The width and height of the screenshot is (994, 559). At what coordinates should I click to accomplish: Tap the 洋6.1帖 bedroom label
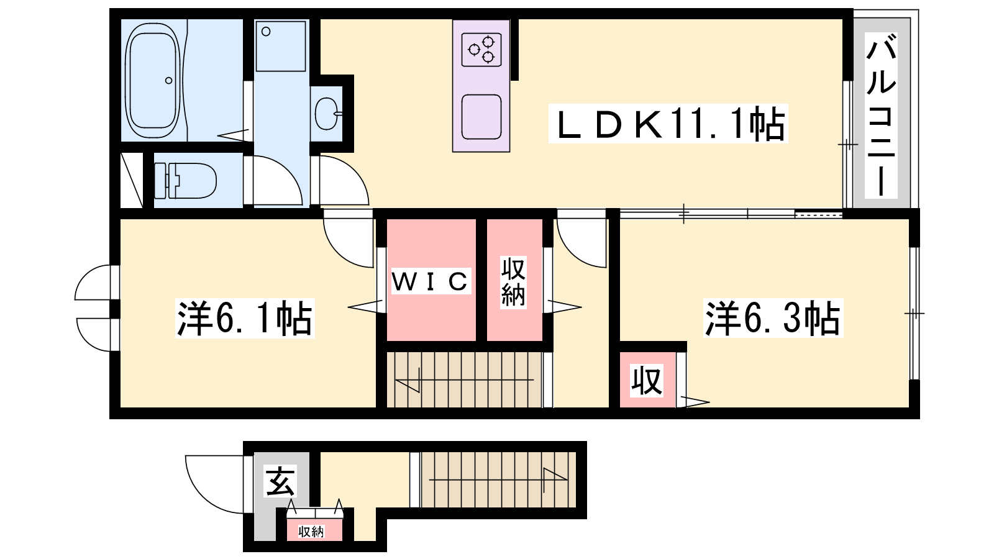[x=245, y=318]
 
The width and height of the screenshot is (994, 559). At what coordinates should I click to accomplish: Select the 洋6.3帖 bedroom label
[x=773, y=318]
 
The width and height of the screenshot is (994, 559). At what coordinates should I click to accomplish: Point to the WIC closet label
[x=430, y=281]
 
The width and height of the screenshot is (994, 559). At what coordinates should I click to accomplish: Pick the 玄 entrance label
[x=280, y=482]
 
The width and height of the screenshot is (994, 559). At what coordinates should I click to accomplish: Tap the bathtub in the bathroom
[x=153, y=80]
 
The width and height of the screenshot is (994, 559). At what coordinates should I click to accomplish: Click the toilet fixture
[x=185, y=180]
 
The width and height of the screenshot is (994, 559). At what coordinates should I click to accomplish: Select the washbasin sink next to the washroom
[x=327, y=113]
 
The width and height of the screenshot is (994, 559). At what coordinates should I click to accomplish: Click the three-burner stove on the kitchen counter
[x=481, y=50]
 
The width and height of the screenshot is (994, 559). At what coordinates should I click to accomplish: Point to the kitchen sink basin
[x=481, y=117]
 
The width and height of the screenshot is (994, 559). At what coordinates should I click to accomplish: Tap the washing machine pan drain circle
[x=266, y=32]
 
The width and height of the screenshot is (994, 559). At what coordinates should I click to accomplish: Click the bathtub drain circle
[x=168, y=80]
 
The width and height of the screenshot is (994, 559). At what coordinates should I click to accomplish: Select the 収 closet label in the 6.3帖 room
[x=647, y=380]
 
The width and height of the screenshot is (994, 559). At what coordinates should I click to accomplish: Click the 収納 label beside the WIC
[x=513, y=282]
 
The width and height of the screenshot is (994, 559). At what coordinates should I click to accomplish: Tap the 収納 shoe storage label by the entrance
[x=311, y=531]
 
